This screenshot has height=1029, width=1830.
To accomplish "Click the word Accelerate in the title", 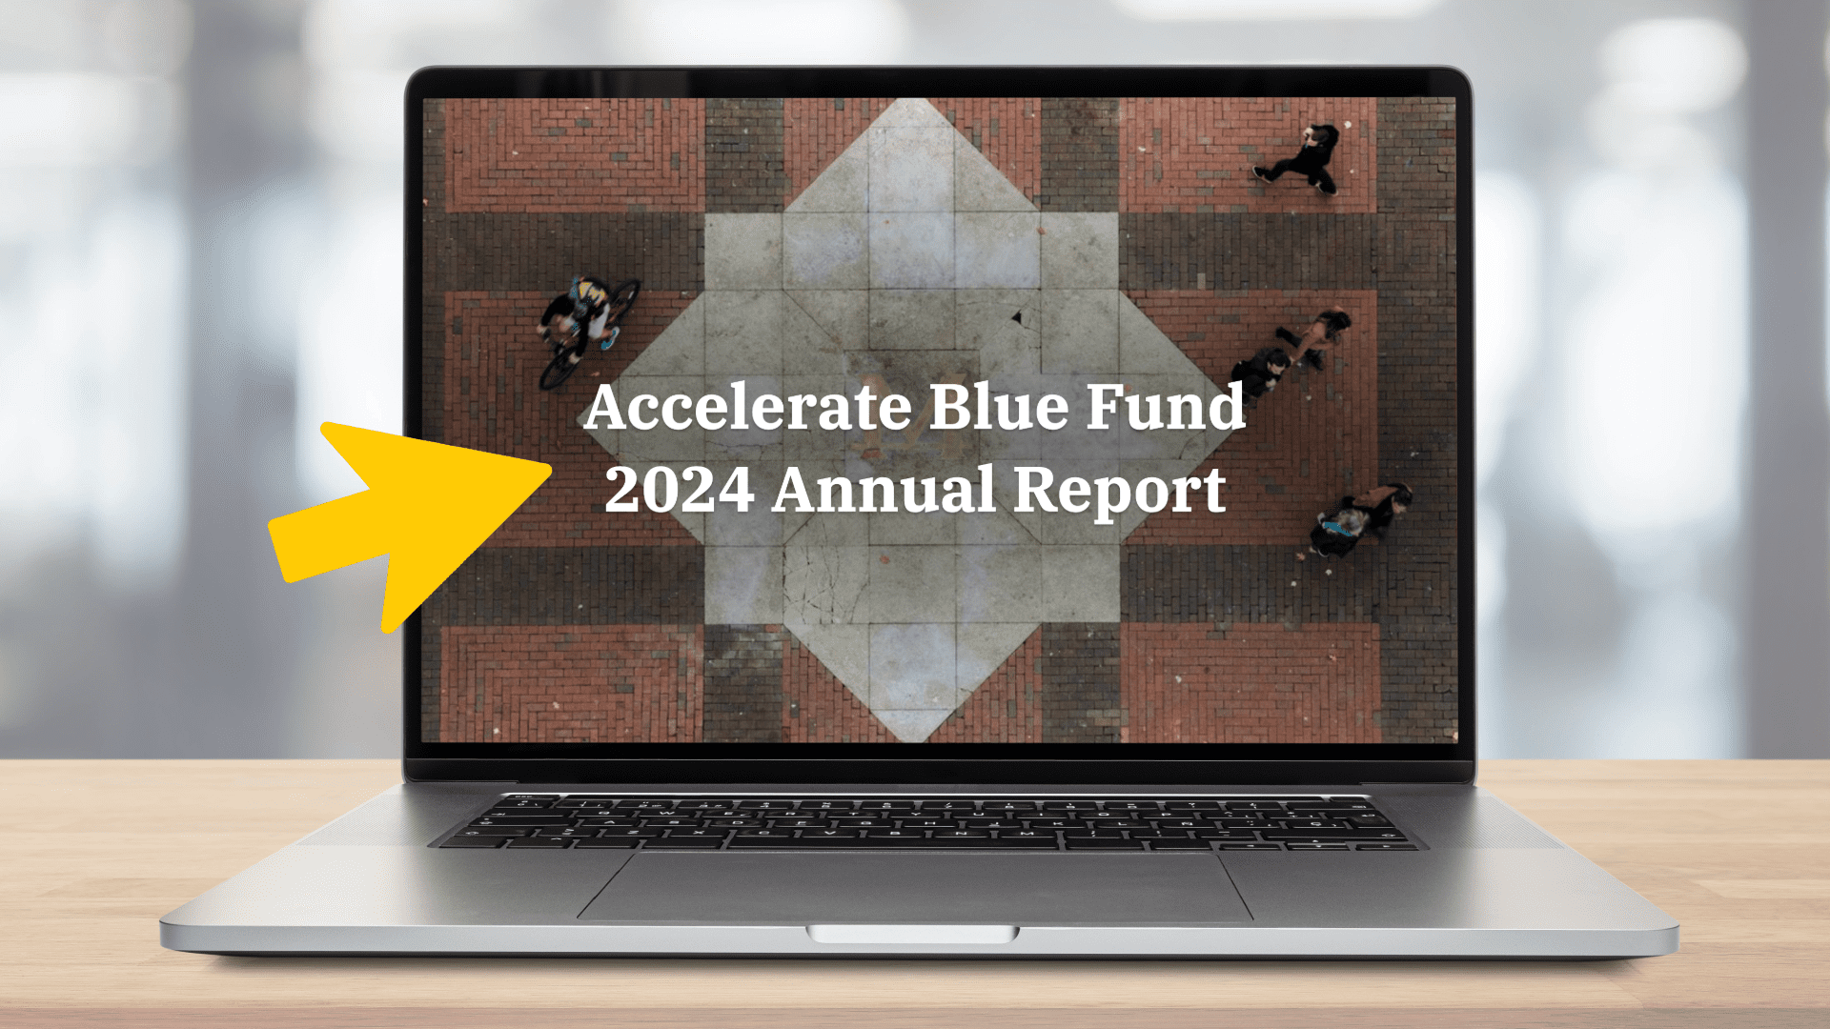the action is pyautogui.click(x=749, y=407).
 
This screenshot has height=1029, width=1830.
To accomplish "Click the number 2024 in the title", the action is pyautogui.click(x=680, y=490).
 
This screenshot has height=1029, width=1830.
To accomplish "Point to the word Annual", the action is pyautogui.click(x=884, y=490).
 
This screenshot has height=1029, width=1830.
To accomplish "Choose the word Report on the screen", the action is pyautogui.click(x=1119, y=493).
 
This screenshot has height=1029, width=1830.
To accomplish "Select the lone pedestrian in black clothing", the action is pyautogui.click(x=1299, y=159).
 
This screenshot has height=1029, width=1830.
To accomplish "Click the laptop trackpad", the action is pyautogui.click(x=915, y=886).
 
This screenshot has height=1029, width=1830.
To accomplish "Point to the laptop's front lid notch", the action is pyautogui.click(x=913, y=934).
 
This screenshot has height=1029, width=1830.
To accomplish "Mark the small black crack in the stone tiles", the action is pyautogui.click(x=1018, y=317).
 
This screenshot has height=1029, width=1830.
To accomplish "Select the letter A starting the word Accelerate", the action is pyautogui.click(x=610, y=407).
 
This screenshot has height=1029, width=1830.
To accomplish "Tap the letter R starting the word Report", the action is pyautogui.click(x=1036, y=490).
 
